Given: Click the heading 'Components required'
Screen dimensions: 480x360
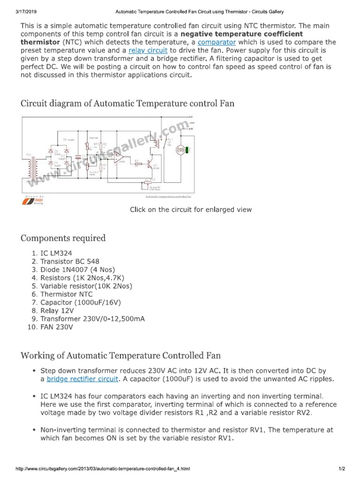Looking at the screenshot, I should (63, 238).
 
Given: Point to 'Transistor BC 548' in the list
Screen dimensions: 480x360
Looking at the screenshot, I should (70, 261).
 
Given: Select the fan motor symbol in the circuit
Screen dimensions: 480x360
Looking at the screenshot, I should (178, 150).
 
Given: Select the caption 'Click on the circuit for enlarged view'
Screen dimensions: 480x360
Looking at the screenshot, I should (191, 210).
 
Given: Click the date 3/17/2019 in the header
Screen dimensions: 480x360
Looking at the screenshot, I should (16, 11).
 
